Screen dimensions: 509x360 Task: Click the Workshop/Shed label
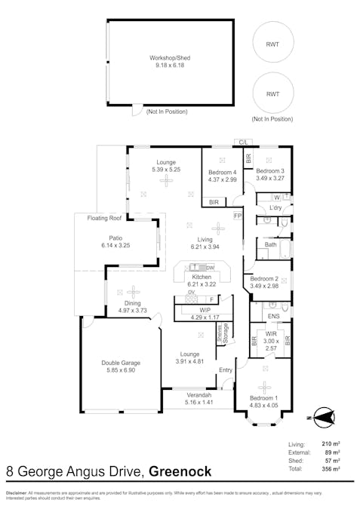169,57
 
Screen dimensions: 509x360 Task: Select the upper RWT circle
271,43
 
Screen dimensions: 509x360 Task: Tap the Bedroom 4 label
223,172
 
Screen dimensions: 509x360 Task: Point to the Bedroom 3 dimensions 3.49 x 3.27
270,179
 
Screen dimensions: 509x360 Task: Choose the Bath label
269,244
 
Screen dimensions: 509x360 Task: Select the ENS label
273,317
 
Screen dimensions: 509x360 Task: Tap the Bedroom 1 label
264,398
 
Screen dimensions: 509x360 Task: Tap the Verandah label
198,395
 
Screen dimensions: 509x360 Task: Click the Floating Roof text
105,218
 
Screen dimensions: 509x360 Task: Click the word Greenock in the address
180,473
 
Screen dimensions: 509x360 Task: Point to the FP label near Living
237,216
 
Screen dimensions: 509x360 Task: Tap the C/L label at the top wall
244,142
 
